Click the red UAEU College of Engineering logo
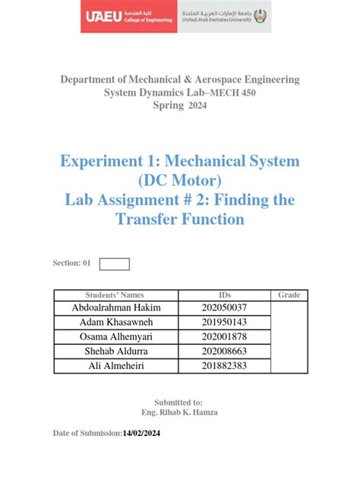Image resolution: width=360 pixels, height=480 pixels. point(128,16)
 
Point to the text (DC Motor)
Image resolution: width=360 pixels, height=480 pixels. point(179,180)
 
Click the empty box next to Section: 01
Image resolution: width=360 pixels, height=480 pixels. point(115,264)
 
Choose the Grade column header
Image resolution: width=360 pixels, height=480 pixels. point(289,295)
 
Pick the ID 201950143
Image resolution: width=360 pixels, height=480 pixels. point(229,322)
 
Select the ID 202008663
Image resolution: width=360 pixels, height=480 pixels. point(229,351)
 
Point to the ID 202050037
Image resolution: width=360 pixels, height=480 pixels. point(229,308)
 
